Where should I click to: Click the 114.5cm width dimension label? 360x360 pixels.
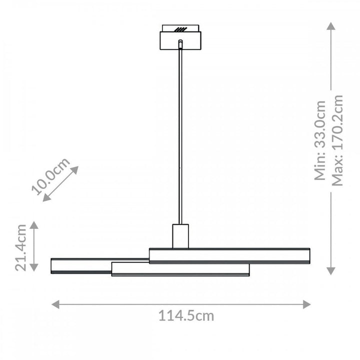[186, 316]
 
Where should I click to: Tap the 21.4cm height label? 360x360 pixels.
[20, 246]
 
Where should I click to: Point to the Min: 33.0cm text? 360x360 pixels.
[320, 140]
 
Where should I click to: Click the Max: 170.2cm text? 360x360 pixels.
[338, 140]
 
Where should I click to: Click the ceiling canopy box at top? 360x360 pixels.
[180, 40]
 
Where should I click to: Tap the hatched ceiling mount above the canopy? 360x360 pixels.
[180, 28]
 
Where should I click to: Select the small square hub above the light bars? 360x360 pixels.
[180, 235]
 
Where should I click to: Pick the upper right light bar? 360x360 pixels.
[229, 255]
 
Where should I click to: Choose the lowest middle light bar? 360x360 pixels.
[180, 269]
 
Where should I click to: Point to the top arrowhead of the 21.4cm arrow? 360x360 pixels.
[34, 225]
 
